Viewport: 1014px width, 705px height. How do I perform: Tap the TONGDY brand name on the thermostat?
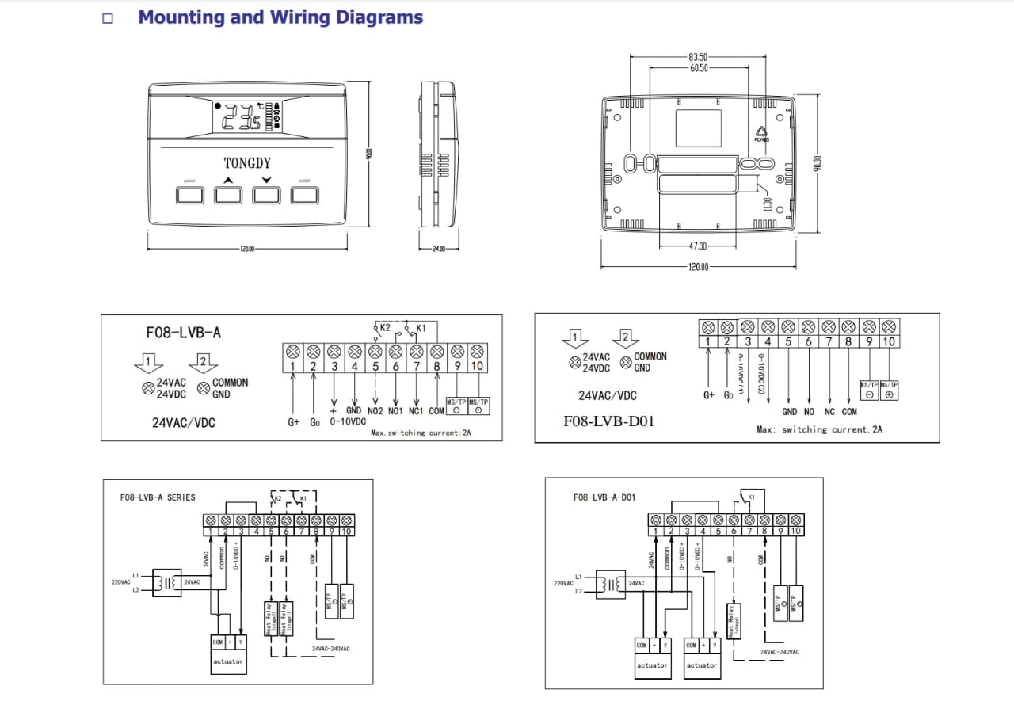pyautogui.click(x=247, y=163)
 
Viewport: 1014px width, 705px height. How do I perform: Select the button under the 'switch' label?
pyautogui.click(x=304, y=195)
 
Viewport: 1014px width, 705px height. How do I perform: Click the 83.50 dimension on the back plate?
pyautogui.click(x=698, y=58)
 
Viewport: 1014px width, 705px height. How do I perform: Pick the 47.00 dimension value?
pyautogui.click(x=697, y=247)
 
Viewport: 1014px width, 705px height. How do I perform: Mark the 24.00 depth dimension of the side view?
pyautogui.click(x=439, y=249)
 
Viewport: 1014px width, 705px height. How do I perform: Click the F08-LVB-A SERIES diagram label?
pyautogui.click(x=158, y=497)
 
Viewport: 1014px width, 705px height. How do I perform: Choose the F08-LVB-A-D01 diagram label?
pyautogui.click(x=604, y=497)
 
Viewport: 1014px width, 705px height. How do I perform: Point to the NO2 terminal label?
pyautogui.click(x=375, y=411)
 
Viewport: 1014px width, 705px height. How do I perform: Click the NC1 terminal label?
pyautogui.click(x=417, y=411)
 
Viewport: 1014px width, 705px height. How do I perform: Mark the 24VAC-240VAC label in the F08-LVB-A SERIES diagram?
pyautogui.click(x=331, y=649)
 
